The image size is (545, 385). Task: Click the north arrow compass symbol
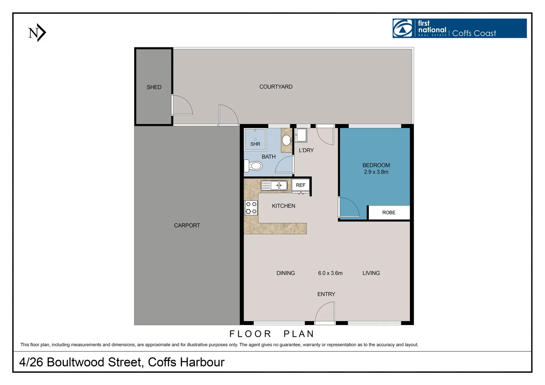point(37,33)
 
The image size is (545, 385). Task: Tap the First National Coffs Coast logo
point(459,29)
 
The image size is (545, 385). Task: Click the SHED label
point(154,87)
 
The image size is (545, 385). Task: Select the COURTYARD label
point(276,87)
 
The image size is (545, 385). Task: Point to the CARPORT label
point(187,225)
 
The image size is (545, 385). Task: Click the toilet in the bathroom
point(254,166)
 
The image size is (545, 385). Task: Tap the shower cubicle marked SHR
point(255,139)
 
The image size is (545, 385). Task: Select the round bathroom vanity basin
point(286,140)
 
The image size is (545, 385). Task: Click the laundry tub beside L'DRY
point(301,135)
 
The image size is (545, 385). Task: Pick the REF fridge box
point(300,185)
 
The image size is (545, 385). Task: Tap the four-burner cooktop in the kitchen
point(251,208)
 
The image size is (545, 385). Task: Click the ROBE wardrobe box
point(388,212)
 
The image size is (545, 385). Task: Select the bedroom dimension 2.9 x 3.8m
point(376,172)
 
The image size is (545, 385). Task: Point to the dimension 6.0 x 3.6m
point(330,273)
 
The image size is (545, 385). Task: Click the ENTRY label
point(326,294)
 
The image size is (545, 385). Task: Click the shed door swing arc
point(183,105)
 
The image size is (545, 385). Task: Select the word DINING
point(285,273)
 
